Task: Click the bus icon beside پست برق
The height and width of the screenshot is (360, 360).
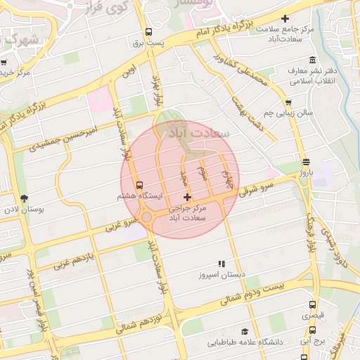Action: (148, 32)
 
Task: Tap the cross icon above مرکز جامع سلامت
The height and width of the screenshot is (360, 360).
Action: (285, 18)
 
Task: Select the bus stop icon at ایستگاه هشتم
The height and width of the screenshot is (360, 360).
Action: (139, 185)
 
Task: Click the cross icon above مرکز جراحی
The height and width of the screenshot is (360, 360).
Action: (186, 198)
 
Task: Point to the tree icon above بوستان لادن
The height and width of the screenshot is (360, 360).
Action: (25, 198)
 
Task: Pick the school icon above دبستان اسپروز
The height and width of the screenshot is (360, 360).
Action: (222, 264)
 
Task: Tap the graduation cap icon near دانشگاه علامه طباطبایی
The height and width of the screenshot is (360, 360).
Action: (245, 331)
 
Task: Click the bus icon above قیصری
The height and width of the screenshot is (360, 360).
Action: (313, 305)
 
